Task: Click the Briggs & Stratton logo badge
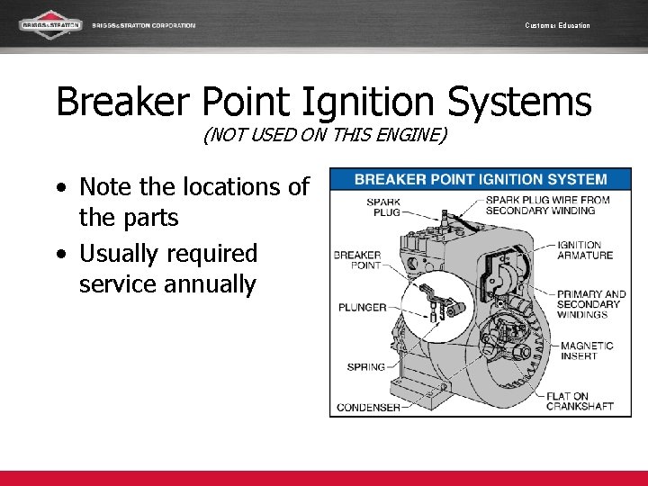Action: pyautogui.click(x=51, y=25)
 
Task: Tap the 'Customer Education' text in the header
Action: pyautogui.click(x=557, y=25)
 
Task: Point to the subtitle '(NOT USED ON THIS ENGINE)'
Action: pyautogui.click(x=324, y=137)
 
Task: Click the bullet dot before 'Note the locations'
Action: pyautogui.click(x=60, y=188)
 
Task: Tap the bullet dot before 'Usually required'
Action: pyautogui.click(x=60, y=255)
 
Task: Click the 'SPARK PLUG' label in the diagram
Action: pyautogui.click(x=383, y=207)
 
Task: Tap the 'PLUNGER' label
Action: pyautogui.click(x=362, y=308)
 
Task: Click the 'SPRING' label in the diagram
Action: pyautogui.click(x=365, y=366)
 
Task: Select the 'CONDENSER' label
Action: pyautogui.click(x=368, y=408)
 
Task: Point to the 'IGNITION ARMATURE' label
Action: pyautogui.click(x=585, y=250)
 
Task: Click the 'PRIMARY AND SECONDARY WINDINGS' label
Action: pyautogui.click(x=590, y=304)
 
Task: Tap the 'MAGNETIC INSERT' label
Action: pyautogui.click(x=587, y=350)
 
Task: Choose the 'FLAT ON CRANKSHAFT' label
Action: pyautogui.click(x=580, y=400)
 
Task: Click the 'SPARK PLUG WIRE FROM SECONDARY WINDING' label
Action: pyautogui.click(x=547, y=205)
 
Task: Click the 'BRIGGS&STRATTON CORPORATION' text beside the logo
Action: pyautogui.click(x=143, y=25)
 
